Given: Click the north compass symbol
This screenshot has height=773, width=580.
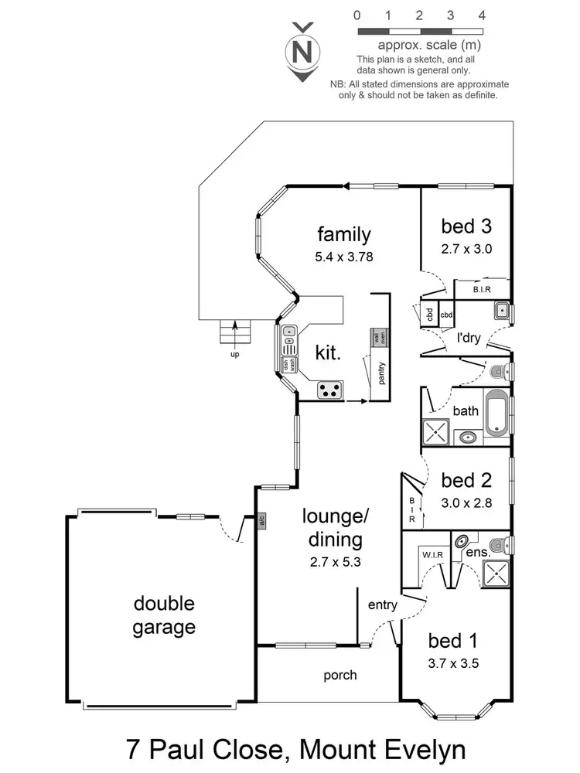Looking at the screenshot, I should click(x=304, y=52).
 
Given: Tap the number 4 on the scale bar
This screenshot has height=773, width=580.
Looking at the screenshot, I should click(x=482, y=15).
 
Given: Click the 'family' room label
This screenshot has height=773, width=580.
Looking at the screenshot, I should click(x=344, y=233).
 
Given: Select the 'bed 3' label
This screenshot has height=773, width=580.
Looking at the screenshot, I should click(x=466, y=226).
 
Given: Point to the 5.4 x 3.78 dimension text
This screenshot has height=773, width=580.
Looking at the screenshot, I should click(x=344, y=257).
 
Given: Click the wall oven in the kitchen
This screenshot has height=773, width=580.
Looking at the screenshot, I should click(x=380, y=338).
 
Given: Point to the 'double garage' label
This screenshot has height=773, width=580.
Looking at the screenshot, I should click(x=163, y=615).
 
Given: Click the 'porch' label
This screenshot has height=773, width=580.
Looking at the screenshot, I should click(x=340, y=675).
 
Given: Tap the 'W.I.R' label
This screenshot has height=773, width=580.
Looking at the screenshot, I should click(x=432, y=554).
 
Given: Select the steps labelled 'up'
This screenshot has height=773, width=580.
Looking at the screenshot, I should click(x=236, y=332).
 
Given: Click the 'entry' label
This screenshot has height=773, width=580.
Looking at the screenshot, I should click(x=383, y=605).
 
